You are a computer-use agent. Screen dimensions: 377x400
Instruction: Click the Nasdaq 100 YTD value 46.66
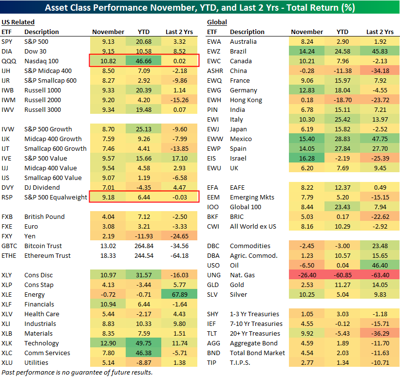(x=144, y=61)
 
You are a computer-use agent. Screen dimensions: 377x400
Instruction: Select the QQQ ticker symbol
(x=9, y=61)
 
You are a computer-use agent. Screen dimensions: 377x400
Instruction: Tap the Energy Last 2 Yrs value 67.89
(x=179, y=294)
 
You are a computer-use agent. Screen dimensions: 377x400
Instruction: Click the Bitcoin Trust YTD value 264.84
(x=144, y=246)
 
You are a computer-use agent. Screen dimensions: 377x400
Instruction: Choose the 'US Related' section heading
(x=18, y=22)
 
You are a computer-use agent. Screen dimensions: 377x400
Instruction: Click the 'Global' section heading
(x=217, y=22)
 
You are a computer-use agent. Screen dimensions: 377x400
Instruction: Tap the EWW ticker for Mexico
(x=215, y=139)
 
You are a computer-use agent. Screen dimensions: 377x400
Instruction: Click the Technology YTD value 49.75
(x=144, y=343)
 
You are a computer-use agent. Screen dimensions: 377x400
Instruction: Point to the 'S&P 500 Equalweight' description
(x=56, y=197)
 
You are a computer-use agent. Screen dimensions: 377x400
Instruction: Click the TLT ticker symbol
(x=212, y=333)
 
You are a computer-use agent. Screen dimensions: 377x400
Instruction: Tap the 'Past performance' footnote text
(x=77, y=372)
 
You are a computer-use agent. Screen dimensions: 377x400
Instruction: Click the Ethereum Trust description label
(x=48, y=255)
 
